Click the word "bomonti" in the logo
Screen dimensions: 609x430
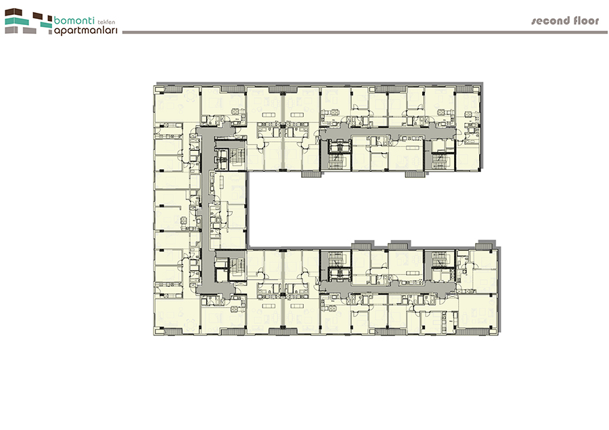74,20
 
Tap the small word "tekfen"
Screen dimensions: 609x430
106,22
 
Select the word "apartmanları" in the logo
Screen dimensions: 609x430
85,30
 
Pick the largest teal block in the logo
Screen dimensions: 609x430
17,21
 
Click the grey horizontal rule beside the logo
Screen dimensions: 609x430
365,32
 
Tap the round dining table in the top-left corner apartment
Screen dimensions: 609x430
190,95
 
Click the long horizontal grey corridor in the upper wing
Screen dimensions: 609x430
388,133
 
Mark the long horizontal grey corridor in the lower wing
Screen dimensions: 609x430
388,288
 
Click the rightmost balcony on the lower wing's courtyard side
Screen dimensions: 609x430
485,246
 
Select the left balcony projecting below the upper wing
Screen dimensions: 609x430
311,174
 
